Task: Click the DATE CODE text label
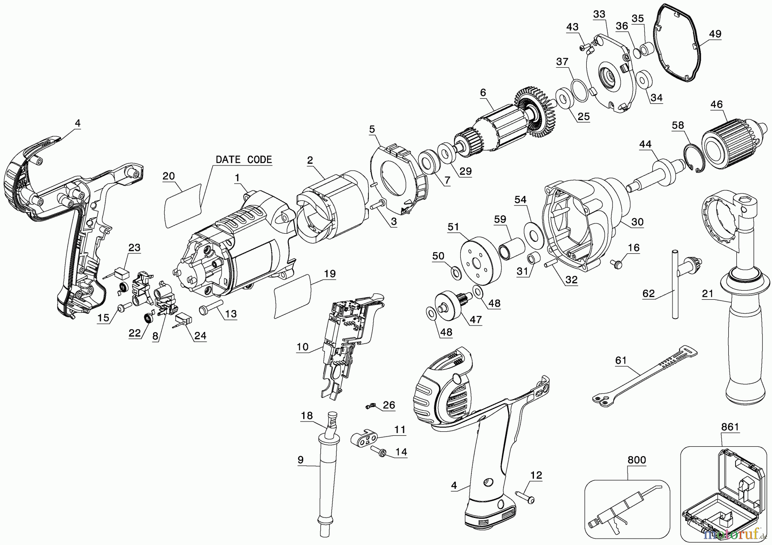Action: (x=244, y=160)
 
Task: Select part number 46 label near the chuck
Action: (x=716, y=104)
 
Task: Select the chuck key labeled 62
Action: (x=675, y=283)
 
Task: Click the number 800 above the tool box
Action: (x=636, y=461)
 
